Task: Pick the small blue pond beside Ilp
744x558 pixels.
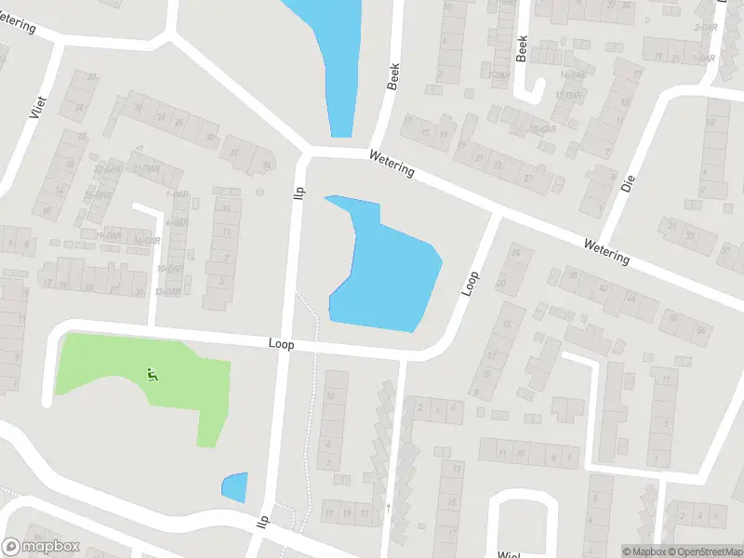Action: pos(235,486)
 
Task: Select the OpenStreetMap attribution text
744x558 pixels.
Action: pos(700,551)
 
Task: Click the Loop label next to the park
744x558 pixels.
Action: pos(281,344)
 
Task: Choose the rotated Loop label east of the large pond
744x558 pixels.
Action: pos(472,283)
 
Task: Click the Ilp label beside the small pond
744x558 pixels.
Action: pos(263,522)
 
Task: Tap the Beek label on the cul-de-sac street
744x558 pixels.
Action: pos(522,48)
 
